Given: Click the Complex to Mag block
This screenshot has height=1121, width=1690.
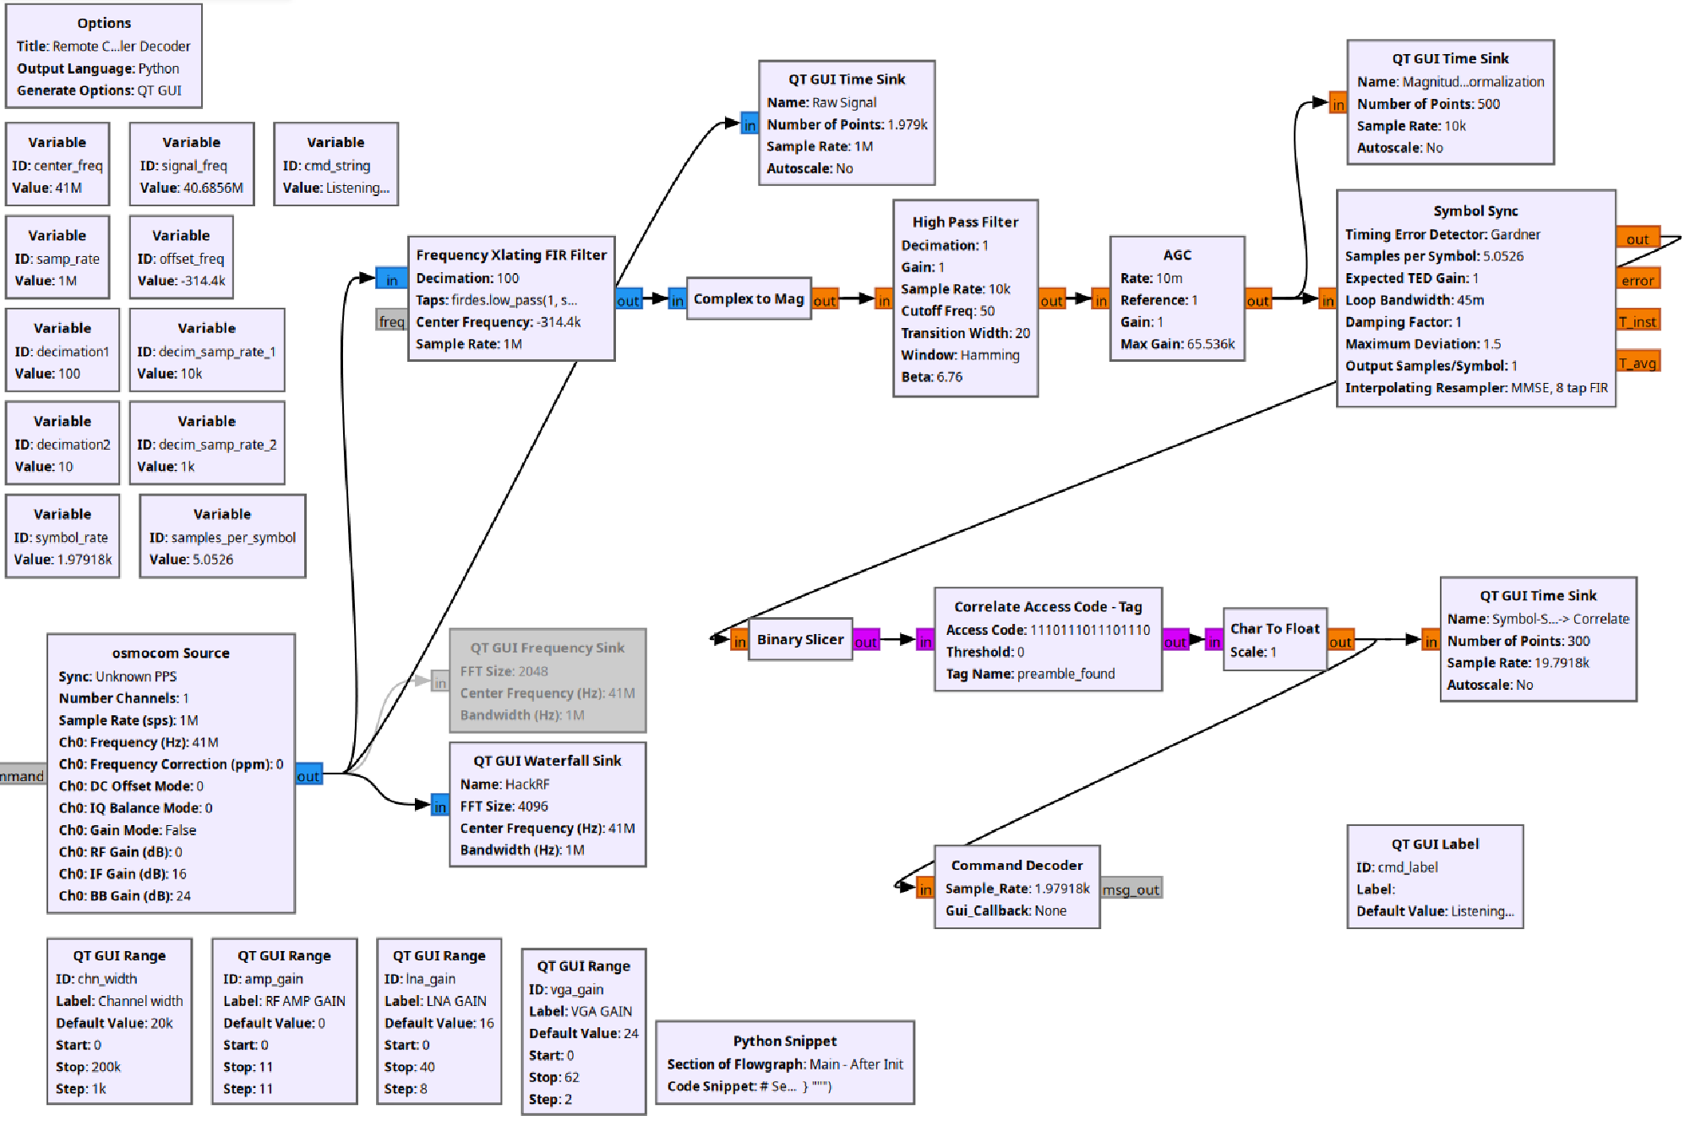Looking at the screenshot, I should click(x=749, y=299).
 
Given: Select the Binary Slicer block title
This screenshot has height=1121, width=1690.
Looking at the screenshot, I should click(x=799, y=640).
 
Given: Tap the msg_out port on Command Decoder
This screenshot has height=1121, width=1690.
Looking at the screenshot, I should click(x=1131, y=889).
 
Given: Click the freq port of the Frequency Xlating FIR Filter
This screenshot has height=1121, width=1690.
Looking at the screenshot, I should click(x=391, y=321).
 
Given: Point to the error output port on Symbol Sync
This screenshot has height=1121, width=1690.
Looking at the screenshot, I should click(x=1637, y=281).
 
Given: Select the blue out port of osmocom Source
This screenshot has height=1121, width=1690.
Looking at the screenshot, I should click(x=308, y=776).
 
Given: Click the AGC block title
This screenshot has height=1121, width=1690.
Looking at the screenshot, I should click(x=1176, y=255).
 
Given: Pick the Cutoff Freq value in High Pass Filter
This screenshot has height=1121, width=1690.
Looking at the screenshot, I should click(x=987, y=311).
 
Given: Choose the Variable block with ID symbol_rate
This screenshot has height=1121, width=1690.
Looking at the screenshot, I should click(x=63, y=537).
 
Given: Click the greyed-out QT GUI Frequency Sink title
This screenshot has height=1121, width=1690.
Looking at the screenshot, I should click(x=547, y=648).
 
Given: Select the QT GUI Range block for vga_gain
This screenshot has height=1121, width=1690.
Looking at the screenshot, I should click(x=583, y=1031).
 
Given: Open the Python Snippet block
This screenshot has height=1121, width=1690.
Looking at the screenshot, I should click(x=784, y=1063).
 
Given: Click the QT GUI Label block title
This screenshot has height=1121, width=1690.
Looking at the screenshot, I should click(x=1435, y=845).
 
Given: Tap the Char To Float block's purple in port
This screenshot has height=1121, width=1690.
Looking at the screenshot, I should click(x=1213, y=642).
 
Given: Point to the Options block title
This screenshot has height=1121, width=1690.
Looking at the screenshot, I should click(x=104, y=24).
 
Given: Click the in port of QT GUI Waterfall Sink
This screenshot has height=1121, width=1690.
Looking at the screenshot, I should click(x=439, y=807).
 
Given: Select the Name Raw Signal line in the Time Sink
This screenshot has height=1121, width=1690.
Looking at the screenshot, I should click(x=821, y=102).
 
